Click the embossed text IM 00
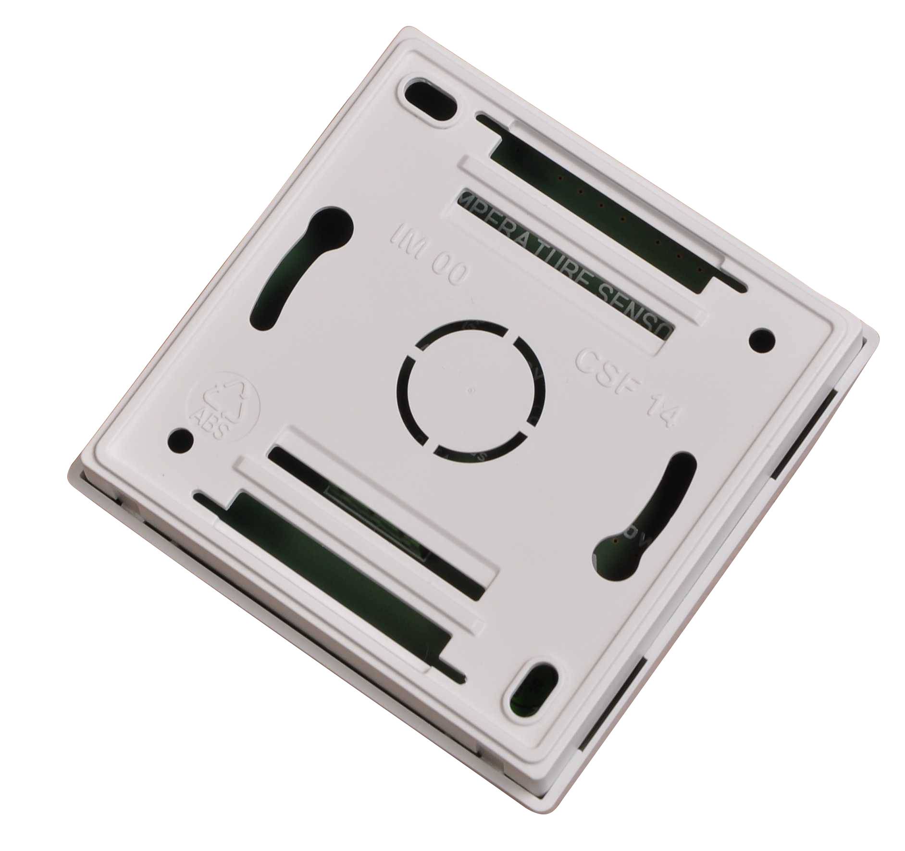[x=429, y=256]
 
